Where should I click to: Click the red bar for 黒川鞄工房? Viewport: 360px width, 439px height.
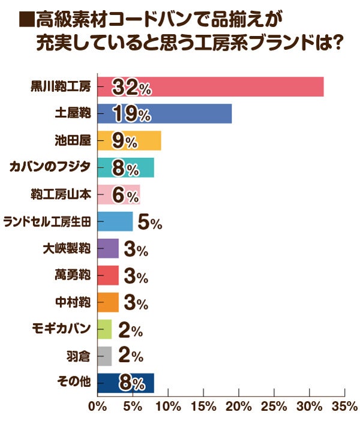pyautogui.click(x=240, y=87)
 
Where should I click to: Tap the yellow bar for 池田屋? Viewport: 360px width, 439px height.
pyautogui.click(x=150, y=141)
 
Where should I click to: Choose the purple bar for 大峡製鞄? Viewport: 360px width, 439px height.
pyautogui.click(x=107, y=248)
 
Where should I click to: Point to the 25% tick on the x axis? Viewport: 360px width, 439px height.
pyautogui.click(x=274, y=406)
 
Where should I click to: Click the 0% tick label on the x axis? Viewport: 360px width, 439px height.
pyautogui.click(x=97, y=406)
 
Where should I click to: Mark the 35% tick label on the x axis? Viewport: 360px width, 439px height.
pyautogui.click(x=344, y=406)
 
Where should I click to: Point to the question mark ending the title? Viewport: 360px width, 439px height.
pyautogui.click(x=335, y=44)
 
